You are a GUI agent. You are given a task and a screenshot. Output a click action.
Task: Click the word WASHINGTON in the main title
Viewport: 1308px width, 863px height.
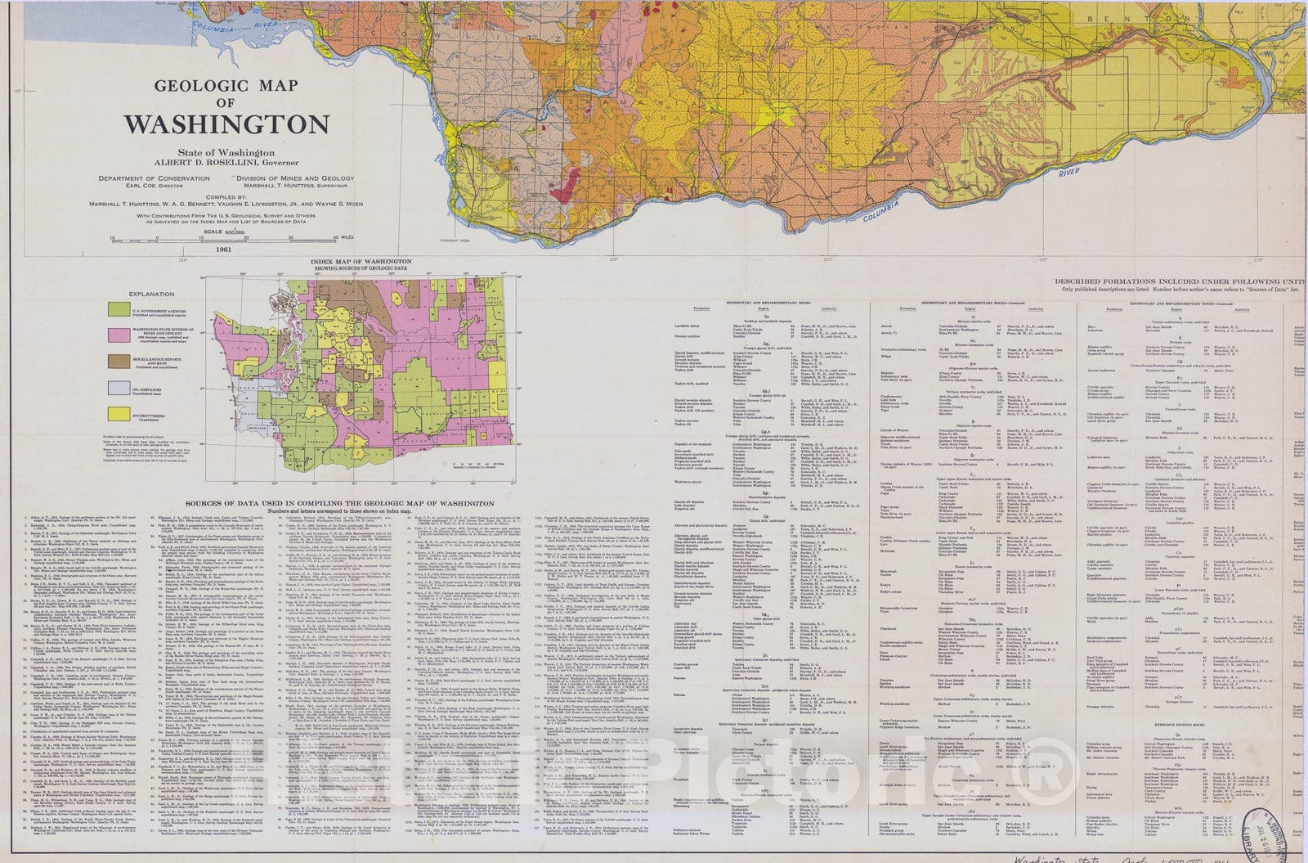tap(226, 124)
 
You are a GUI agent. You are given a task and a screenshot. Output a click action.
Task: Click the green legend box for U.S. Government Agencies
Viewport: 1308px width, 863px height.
tap(121, 309)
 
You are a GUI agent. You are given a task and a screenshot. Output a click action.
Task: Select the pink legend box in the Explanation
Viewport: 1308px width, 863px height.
tap(121, 335)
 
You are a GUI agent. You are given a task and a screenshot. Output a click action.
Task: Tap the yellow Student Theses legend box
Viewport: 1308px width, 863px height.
tap(121, 415)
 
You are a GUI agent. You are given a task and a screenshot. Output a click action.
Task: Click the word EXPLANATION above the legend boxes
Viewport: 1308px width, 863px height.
tap(151, 294)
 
